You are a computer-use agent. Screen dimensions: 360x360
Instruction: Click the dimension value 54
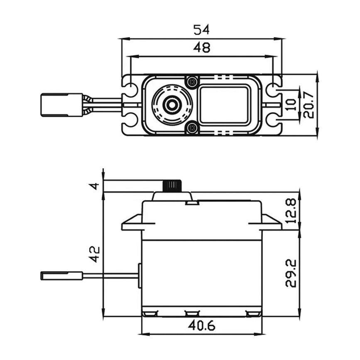pos(201,29)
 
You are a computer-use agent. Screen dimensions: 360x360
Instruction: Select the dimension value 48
pos(201,48)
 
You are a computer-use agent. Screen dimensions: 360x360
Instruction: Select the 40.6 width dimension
pos(201,326)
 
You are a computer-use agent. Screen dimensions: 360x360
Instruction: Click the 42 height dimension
pos(95,254)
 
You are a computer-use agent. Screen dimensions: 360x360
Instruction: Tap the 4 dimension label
pos(95,186)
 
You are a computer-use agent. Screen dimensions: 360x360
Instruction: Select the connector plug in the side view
pos(61,275)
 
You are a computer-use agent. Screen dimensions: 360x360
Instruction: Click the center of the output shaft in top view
pos(171,105)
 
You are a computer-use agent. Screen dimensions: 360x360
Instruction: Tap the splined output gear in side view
pos(172,185)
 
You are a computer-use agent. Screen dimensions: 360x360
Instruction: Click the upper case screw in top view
pos(192,82)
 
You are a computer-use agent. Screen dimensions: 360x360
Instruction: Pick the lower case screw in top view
pos(192,128)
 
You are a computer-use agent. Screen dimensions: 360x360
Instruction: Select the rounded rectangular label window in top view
pos(225,105)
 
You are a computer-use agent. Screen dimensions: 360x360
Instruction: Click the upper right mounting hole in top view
pos(272,89)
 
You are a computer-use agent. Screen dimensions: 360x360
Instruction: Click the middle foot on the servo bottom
pos(192,313)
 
